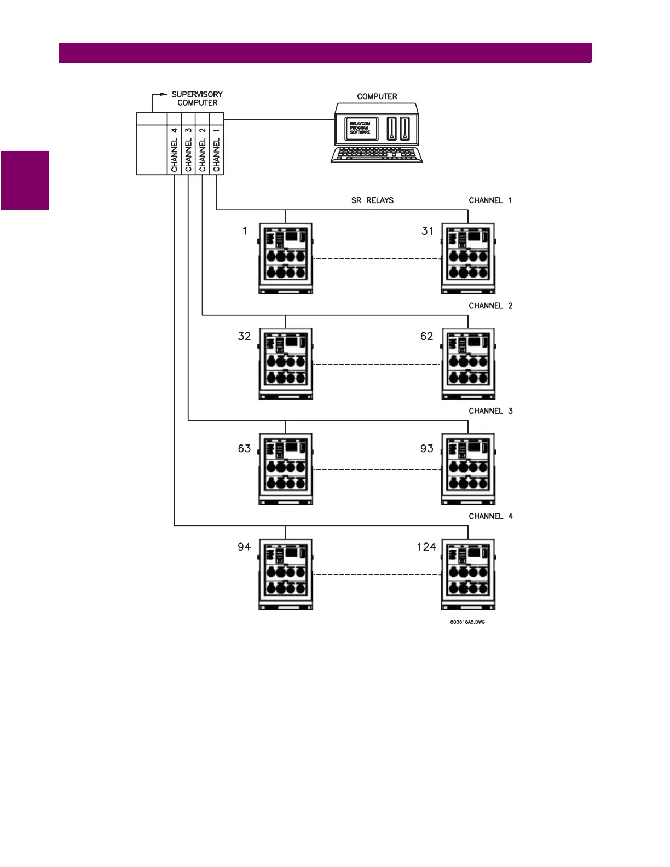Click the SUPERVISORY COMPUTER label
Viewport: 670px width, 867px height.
pos(197,99)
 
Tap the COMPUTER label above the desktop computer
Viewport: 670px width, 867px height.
pos(377,96)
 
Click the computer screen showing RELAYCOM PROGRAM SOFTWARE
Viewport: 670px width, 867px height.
pos(360,128)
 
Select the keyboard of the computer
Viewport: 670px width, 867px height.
pos(377,154)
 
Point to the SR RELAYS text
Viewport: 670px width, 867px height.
pos(372,200)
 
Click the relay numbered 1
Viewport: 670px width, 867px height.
pos(285,258)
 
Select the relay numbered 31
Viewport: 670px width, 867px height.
pos(468,258)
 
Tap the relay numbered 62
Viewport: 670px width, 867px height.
pos(468,364)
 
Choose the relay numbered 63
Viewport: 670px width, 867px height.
pos(285,469)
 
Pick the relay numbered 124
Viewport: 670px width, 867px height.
pos(468,574)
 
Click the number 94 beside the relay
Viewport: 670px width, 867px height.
pos(244,547)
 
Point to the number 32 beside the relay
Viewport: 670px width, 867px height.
pos(244,336)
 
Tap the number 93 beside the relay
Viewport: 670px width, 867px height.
pos(427,449)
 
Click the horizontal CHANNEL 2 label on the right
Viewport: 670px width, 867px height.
pos(490,306)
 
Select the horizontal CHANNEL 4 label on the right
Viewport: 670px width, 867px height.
pos(490,516)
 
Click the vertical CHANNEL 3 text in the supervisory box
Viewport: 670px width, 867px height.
pos(188,149)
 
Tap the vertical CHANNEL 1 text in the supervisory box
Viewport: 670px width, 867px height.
pos(217,149)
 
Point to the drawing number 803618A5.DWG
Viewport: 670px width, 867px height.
pos(467,622)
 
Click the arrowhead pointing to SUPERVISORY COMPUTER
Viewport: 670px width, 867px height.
pos(164,94)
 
